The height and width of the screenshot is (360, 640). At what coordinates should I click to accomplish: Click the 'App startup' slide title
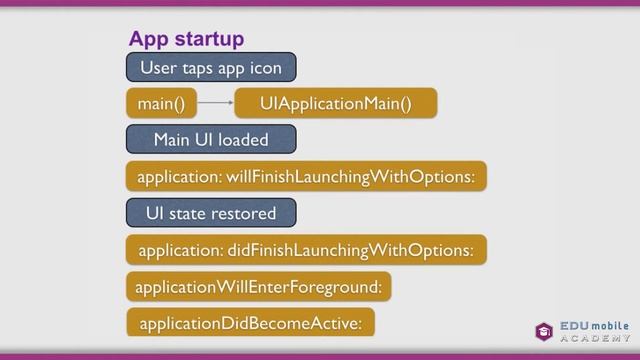[x=186, y=39]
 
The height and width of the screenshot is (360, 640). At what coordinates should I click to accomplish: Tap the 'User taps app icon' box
[x=211, y=68]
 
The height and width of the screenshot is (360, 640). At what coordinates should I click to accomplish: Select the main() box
[x=161, y=103]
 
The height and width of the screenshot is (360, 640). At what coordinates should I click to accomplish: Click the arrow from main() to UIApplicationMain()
[x=215, y=103]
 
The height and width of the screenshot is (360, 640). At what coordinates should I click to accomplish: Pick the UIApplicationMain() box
[x=335, y=103]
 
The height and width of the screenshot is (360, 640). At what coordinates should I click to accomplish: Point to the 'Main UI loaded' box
[x=211, y=139]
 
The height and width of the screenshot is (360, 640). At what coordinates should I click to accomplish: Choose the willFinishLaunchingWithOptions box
[x=306, y=177]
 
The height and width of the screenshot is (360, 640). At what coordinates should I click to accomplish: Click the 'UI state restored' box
[x=210, y=213]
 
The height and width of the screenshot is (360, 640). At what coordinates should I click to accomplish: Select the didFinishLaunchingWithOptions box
[x=306, y=250]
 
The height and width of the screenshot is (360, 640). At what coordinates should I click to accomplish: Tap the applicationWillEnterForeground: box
[x=258, y=287]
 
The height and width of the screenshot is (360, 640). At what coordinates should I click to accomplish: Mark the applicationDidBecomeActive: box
[x=251, y=323]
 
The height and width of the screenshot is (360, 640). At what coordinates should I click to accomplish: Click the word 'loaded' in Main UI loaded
[x=243, y=139]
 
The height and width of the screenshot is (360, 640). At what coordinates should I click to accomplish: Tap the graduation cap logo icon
[x=544, y=331]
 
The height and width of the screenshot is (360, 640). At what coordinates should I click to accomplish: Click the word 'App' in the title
[x=148, y=39]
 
